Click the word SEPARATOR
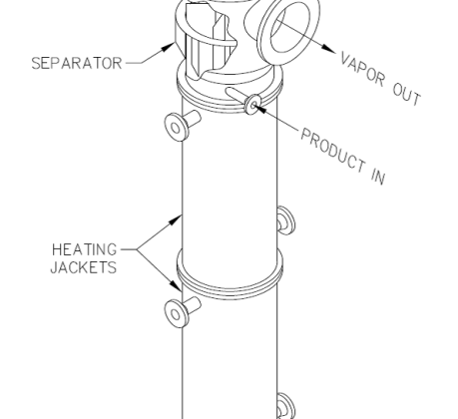pos(77,63)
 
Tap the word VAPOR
pos(363,73)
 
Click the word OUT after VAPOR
pos(407,95)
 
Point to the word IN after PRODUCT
pos(378,177)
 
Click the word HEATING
pos(85,249)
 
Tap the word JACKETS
pos(84,267)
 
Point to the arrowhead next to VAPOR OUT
pos(329,49)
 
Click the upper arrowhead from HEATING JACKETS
pos(176,219)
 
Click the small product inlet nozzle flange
pos(252,105)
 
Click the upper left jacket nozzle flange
pos(177,128)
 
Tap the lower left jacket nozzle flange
pos(177,313)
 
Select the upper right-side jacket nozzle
pos(286,220)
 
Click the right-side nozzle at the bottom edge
pos(286,406)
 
